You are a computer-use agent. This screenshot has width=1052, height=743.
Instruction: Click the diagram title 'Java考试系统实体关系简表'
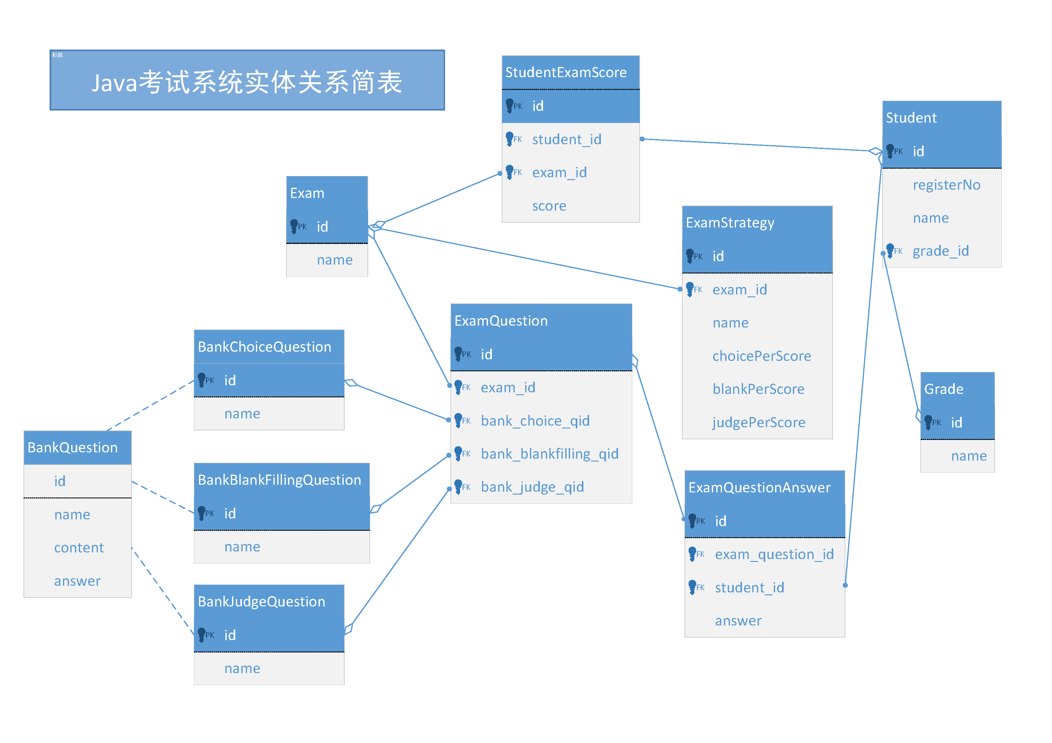[x=247, y=82]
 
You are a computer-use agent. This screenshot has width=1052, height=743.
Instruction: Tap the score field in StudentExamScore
[x=549, y=206]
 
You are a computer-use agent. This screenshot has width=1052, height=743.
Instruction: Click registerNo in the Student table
[x=946, y=185]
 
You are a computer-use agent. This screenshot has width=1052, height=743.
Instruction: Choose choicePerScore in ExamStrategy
[x=761, y=356]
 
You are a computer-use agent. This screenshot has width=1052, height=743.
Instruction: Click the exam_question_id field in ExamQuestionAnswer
[x=774, y=554]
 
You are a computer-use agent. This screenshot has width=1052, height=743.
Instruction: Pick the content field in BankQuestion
[x=79, y=548]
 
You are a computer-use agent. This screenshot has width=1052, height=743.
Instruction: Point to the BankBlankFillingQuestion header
[x=279, y=480]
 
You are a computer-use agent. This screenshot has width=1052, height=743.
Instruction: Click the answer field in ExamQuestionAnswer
[x=738, y=621]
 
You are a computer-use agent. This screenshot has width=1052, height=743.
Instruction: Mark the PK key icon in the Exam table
[x=294, y=226]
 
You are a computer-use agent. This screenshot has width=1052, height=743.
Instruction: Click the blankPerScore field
[x=758, y=389]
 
